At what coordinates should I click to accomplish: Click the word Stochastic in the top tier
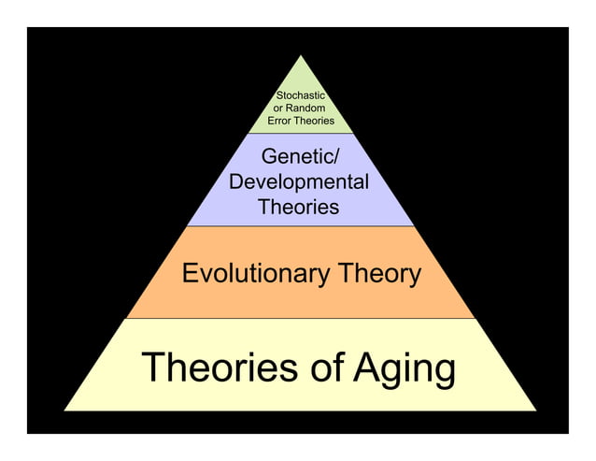300,95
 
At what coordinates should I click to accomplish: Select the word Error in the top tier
282,122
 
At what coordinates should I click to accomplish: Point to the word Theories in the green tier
316,122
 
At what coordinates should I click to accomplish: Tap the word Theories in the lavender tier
299,207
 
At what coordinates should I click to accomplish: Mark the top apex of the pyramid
300,55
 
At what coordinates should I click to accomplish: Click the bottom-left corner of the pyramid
64,410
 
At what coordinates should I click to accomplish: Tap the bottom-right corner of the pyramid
536,410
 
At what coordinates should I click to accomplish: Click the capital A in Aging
367,367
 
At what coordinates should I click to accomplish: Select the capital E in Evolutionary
190,274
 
